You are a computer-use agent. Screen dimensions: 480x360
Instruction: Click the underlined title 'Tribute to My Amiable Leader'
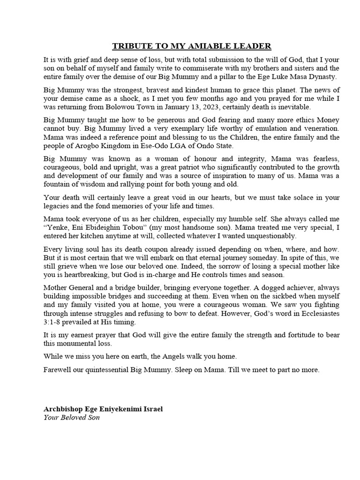click(191, 46)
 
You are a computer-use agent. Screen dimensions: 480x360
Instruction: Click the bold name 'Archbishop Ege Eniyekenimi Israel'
click(103, 409)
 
